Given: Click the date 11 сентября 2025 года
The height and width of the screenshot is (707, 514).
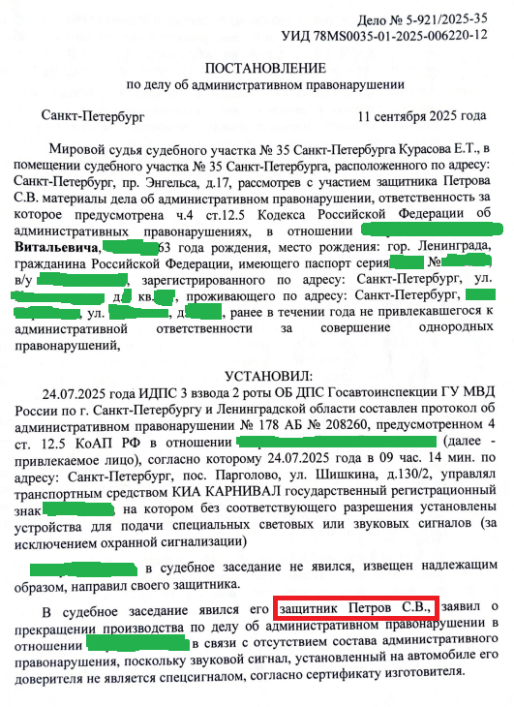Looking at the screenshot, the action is pos(421,116).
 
